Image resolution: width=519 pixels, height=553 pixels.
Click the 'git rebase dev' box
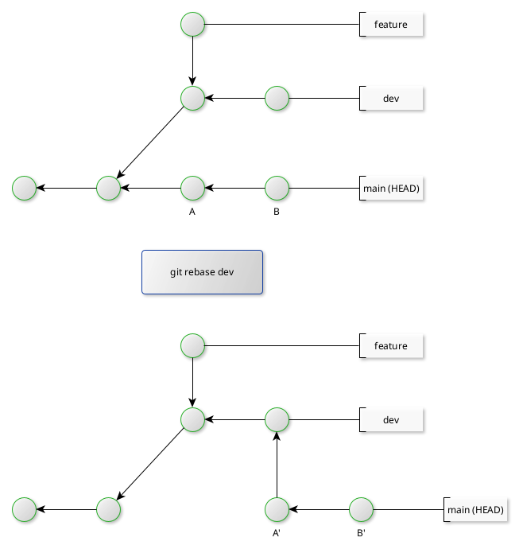click(202, 272)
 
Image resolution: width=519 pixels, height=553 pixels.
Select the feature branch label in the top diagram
click(390, 25)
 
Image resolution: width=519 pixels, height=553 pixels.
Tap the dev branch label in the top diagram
click(390, 99)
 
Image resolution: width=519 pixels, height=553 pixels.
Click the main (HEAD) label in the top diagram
click(390, 189)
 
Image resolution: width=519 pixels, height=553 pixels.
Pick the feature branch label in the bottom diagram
click(390, 346)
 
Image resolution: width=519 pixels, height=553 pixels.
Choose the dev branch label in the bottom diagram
click(390, 419)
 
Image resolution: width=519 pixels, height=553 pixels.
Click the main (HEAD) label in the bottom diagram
click(474, 509)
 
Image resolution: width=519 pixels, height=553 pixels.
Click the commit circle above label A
click(193, 189)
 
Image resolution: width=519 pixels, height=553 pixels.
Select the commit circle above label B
click(277, 189)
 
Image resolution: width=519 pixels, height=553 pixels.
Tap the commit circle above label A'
click(277, 509)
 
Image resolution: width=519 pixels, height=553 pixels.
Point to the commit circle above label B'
click(361, 509)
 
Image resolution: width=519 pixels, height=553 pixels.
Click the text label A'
click(277, 533)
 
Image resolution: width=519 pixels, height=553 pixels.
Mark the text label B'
click(361, 533)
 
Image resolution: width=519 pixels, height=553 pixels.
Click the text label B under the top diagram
click(277, 212)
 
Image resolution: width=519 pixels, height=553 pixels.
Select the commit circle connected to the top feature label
click(193, 25)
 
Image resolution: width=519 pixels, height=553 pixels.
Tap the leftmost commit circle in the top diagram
click(25, 189)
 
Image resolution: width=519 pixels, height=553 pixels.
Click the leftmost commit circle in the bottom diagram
click(25, 509)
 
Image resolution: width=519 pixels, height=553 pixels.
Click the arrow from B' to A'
click(319, 509)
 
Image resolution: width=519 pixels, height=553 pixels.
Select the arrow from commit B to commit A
click(235, 189)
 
